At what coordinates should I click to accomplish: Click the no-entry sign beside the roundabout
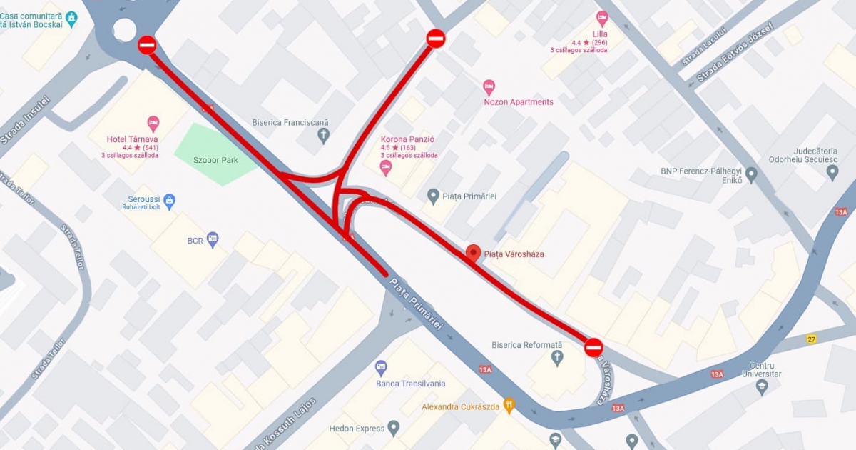(x=147, y=45)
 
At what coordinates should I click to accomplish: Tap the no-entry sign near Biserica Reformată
(x=593, y=348)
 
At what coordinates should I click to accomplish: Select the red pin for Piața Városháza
(x=472, y=253)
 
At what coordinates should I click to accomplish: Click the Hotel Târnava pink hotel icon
(x=153, y=123)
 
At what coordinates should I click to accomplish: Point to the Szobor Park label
(x=215, y=160)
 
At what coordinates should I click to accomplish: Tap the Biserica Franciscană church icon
(x=324, y=136)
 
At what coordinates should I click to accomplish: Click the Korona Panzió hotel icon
(x=386, y=168)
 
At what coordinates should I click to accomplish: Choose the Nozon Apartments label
(x=519, y=102)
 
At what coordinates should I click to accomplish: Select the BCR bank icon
(x=213, y=239)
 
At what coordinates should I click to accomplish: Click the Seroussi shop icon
(x=169, y=201)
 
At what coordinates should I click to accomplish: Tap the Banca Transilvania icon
(x=382, y=369)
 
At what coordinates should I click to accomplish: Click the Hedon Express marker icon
(x=393, y=429)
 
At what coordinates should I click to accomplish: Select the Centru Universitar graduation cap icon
(x=761, y=388)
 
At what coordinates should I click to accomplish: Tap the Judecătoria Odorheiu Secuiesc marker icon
(x=832, y=172)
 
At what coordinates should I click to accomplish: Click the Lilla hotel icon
(x=602, y=19)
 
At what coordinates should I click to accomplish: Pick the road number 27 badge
(x=811, y=339)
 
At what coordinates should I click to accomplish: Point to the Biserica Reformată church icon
(x=558, y=358)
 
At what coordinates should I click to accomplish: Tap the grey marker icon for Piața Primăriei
(x=433, y=196)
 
